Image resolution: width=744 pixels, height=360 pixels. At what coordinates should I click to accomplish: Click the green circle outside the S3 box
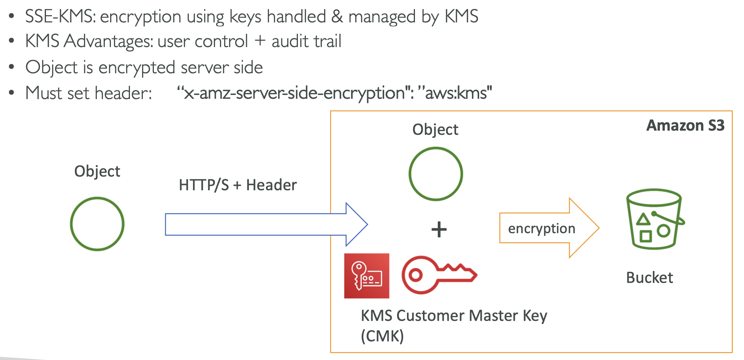coord(97,224)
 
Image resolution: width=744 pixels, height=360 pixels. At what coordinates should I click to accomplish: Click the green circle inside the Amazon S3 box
coord(435,174)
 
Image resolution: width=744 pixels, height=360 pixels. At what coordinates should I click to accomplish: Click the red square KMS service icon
coord(367,276)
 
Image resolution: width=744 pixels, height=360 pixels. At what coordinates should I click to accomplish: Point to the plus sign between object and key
coord(439,229)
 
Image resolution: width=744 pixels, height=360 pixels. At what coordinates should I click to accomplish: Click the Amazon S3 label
coord(685,126)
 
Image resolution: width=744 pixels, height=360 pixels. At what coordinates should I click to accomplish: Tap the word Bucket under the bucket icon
coord(649,278)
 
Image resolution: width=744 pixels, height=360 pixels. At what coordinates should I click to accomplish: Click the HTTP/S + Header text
coord(237,185)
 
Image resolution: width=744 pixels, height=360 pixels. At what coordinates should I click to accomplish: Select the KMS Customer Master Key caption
coord(454,316)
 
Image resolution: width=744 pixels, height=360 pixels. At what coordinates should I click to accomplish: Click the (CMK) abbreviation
coord(382,336)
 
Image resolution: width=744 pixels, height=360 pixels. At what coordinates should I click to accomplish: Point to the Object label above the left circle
coord(97,172)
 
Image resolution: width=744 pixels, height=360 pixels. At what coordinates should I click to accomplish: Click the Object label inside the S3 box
coord(435,130)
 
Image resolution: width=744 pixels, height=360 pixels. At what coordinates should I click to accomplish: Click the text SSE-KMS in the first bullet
coord(60,17)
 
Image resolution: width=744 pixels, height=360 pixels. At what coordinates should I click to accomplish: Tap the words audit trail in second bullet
coord(306,41)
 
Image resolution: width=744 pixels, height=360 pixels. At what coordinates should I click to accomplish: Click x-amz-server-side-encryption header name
coord(294,93)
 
